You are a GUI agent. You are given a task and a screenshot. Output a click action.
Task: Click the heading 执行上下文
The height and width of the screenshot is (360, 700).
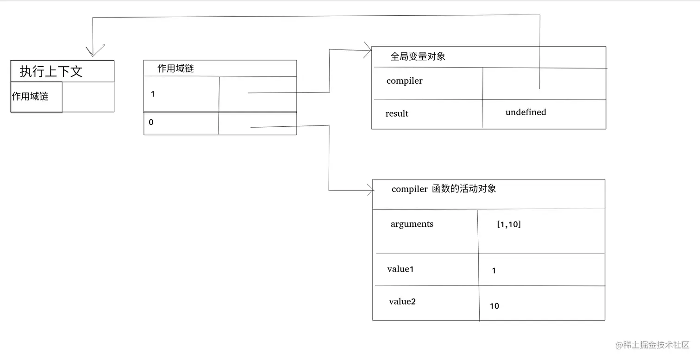51,71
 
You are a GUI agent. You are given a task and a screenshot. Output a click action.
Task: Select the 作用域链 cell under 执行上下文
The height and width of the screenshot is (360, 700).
30,96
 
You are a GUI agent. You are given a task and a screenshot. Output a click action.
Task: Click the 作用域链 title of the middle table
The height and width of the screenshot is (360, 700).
175,68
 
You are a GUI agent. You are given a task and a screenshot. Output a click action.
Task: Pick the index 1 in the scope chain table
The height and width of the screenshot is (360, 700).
153,94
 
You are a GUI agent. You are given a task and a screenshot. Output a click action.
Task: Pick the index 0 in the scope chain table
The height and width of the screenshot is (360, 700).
151,123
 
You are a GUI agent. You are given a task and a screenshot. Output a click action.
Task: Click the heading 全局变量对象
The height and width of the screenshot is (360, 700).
418,56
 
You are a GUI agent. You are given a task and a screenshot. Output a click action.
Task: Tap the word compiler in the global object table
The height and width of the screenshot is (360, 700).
404,81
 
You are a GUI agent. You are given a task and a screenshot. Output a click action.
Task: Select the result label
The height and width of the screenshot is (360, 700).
397,113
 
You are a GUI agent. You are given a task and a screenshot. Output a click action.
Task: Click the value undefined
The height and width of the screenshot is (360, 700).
525,112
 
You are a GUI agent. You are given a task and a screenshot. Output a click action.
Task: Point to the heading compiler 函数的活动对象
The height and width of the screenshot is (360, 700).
444,189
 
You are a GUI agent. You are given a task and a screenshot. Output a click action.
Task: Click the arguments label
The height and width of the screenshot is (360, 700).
412,224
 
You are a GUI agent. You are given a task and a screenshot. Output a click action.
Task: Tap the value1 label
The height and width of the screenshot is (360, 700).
400,269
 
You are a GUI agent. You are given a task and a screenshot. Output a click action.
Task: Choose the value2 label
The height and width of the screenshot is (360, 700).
402,302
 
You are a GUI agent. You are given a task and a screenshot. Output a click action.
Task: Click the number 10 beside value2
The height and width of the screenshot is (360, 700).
494,306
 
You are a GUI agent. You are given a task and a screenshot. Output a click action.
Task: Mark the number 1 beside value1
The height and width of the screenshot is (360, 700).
494,271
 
